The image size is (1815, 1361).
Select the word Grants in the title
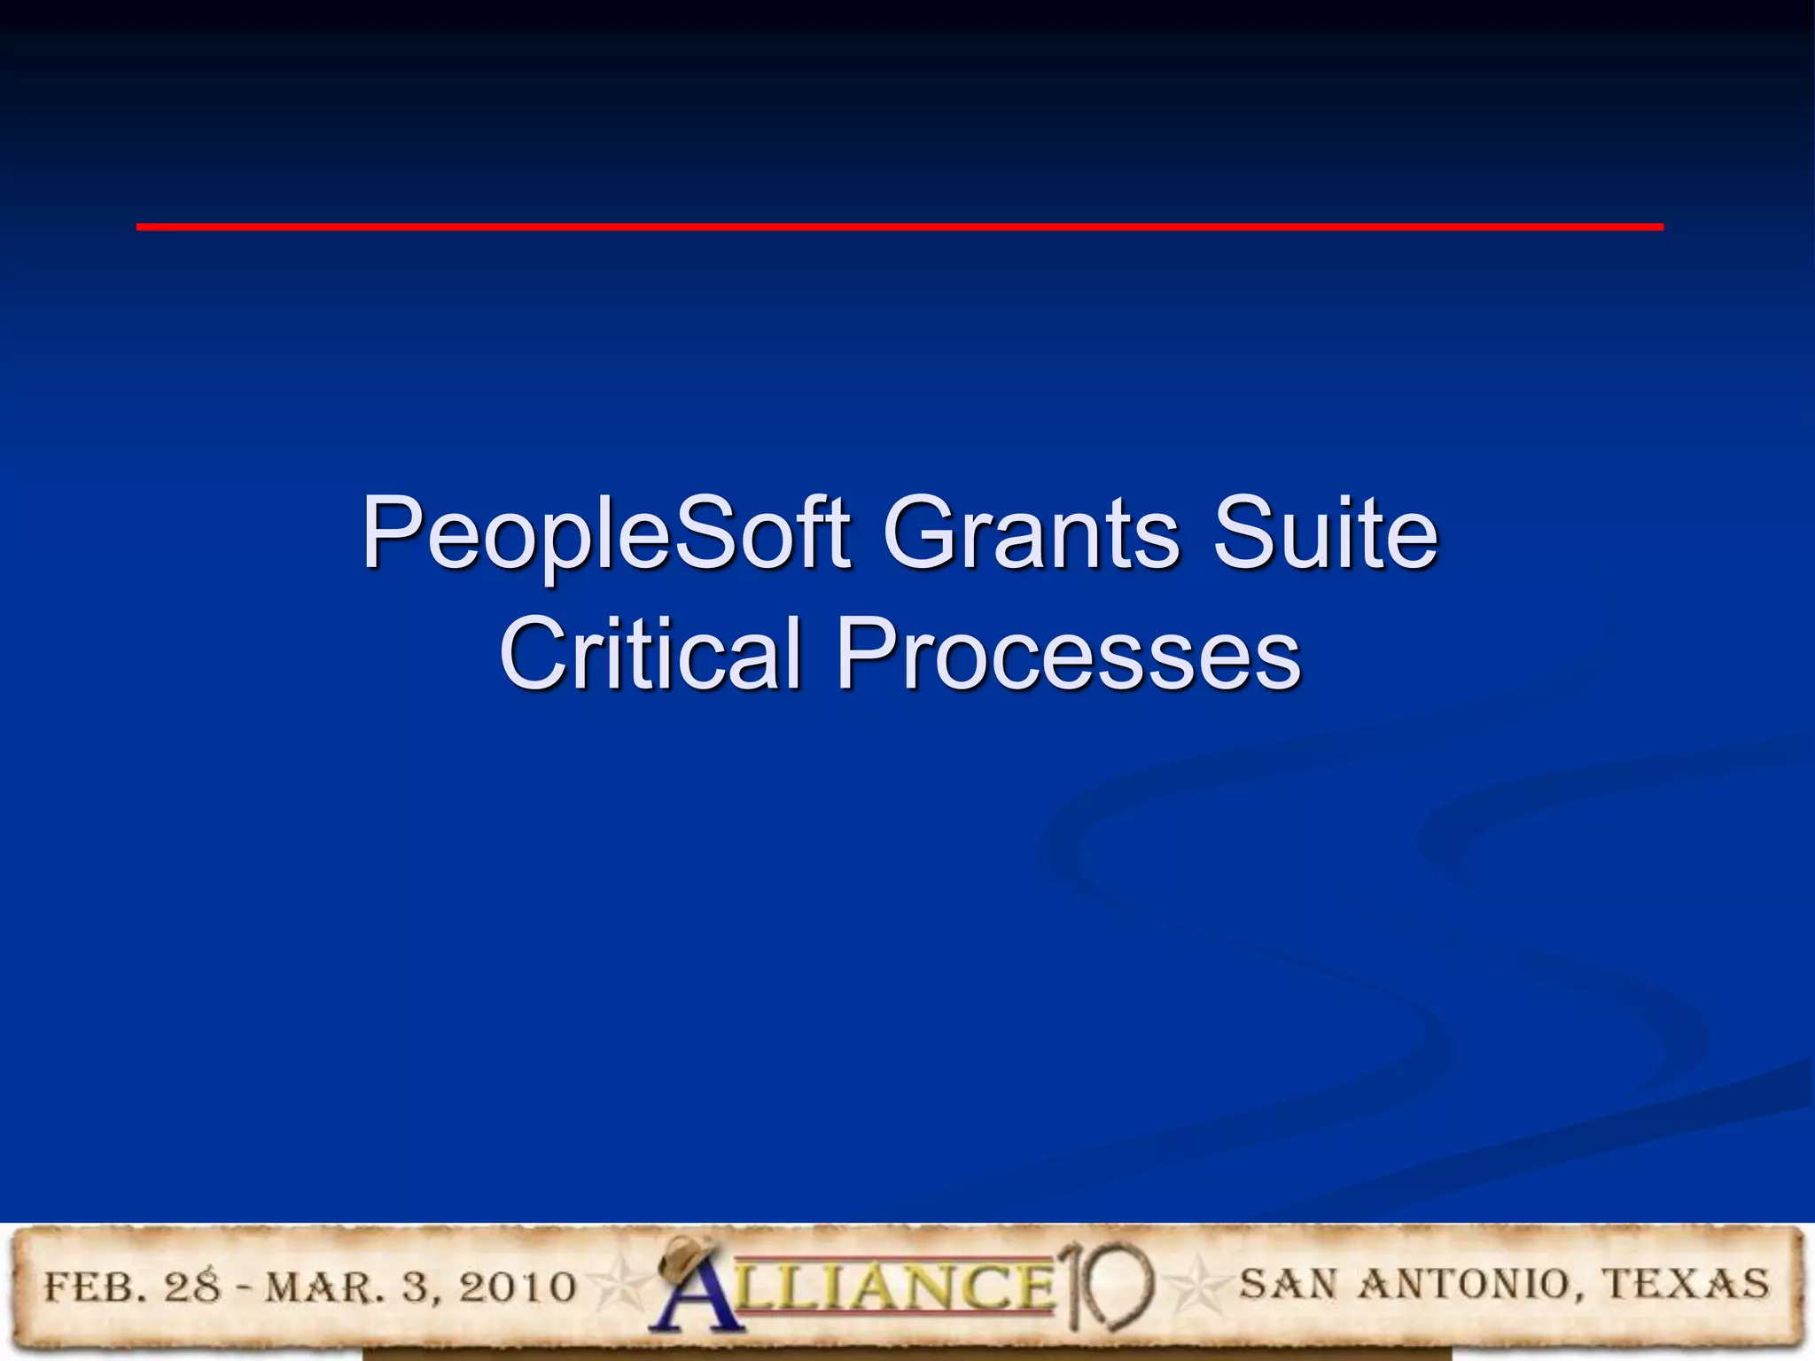pos(1031,533)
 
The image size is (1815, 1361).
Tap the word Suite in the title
pos(1325,533)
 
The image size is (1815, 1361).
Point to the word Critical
pos(650,654)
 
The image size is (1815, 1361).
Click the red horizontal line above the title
pos(899,228)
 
